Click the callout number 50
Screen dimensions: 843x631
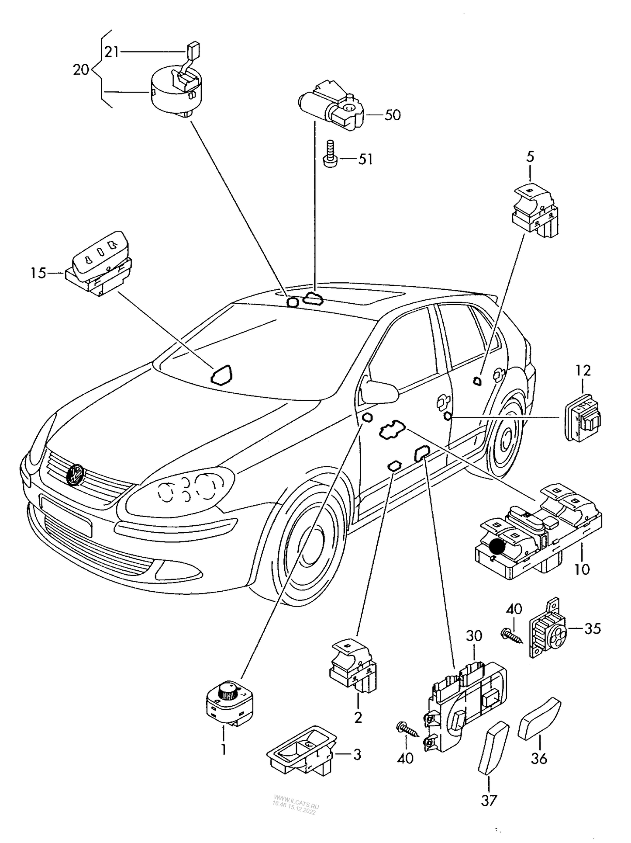point(393,115)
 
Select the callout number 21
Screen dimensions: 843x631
point(111,52)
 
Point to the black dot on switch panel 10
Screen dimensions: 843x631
point(497,546)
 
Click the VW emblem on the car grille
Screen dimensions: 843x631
point(76,474)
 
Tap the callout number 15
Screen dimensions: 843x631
point(38,274)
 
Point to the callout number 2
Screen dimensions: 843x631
point(358,718)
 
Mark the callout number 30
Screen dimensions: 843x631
point(474,636)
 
